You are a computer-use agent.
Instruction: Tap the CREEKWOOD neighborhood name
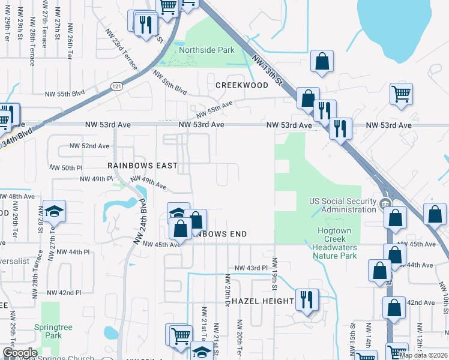[242, 86]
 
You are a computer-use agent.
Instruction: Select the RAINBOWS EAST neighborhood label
[142, 165]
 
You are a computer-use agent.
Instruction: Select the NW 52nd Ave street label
[89, 146]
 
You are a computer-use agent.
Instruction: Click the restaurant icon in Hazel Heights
[307, 299]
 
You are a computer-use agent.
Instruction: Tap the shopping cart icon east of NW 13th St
[400, 94]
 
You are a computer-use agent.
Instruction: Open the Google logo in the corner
[20, 353]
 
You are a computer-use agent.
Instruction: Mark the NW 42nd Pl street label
[64, 293]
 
